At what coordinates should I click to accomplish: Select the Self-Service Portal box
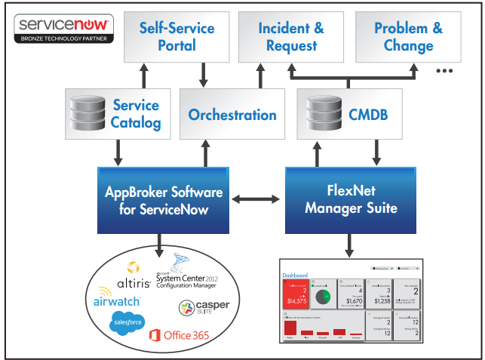click(x=177, y=36)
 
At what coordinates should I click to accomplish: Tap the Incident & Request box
click(x=291, y=36)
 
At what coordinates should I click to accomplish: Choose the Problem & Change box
click(x=408, y=36)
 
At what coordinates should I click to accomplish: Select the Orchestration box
click(x=232, y=115)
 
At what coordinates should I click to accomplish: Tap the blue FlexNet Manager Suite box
click(x=350, y=199)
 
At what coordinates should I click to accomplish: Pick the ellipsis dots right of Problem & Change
click(x=444, y=71)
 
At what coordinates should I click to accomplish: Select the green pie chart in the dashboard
click(x=324, y=297)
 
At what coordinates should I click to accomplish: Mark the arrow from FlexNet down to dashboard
click(x=350, y=246)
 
